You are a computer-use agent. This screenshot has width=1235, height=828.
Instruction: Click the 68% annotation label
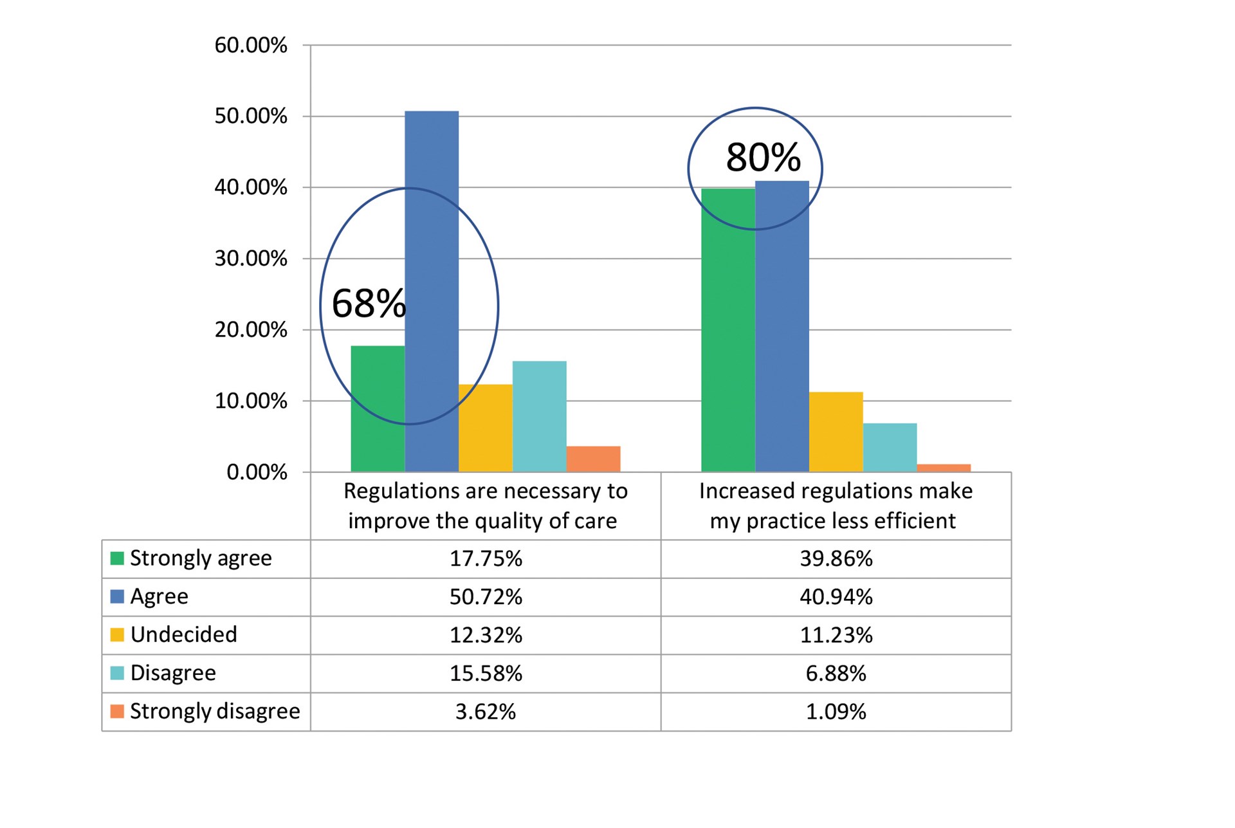tap(369, 304)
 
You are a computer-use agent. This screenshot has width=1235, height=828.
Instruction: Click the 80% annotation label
tap(763, 157)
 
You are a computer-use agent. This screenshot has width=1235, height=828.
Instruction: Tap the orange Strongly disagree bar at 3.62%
tap(593, 459)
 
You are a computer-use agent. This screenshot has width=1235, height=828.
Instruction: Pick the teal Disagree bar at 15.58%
tap(539, 416)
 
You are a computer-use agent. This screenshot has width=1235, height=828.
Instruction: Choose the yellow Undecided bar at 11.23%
tap(836, 432)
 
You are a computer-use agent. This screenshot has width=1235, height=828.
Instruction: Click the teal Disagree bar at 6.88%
tap(890, 447)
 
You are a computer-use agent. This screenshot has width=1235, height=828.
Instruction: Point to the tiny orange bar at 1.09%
tap(944, 468)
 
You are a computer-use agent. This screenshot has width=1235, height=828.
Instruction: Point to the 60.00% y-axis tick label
tap(251, 45)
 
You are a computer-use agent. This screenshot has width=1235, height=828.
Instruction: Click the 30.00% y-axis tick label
tap(251, 259)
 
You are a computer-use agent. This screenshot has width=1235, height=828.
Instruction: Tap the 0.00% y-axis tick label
tap(257, 472)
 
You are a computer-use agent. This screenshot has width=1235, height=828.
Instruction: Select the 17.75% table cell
tap(486, 558)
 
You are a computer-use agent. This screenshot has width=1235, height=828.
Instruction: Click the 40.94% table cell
tap(836, 597)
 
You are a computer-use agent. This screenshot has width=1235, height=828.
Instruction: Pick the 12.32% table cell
tap(486, 635)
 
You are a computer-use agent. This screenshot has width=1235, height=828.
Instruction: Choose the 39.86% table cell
tap(836, 558)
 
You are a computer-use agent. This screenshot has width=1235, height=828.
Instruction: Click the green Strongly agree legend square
tap(117, 558)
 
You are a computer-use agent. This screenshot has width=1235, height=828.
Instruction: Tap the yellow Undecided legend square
tap(117, 635)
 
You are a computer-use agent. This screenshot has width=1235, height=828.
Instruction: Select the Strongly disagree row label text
tap(215, 712)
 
